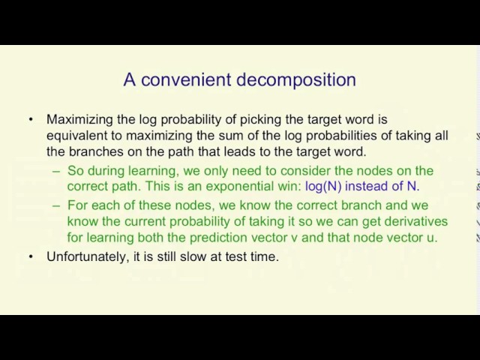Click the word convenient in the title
(x=186, y=79)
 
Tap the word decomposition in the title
(x=296, y=80)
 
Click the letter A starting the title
(x=130, y=79)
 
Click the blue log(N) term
(x=323, y=187)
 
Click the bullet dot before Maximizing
(x=31, y=119)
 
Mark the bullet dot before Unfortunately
(x=31, y=256)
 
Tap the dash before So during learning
(x=56, y=172)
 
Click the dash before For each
(x=56, y=205)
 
